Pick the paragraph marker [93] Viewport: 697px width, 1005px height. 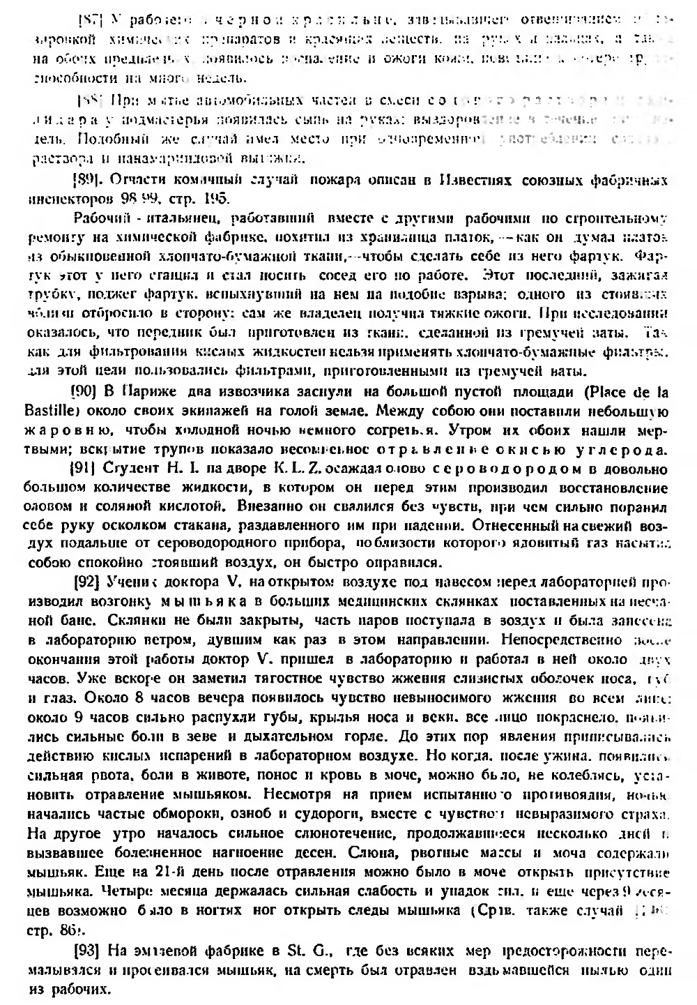[87, 951]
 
